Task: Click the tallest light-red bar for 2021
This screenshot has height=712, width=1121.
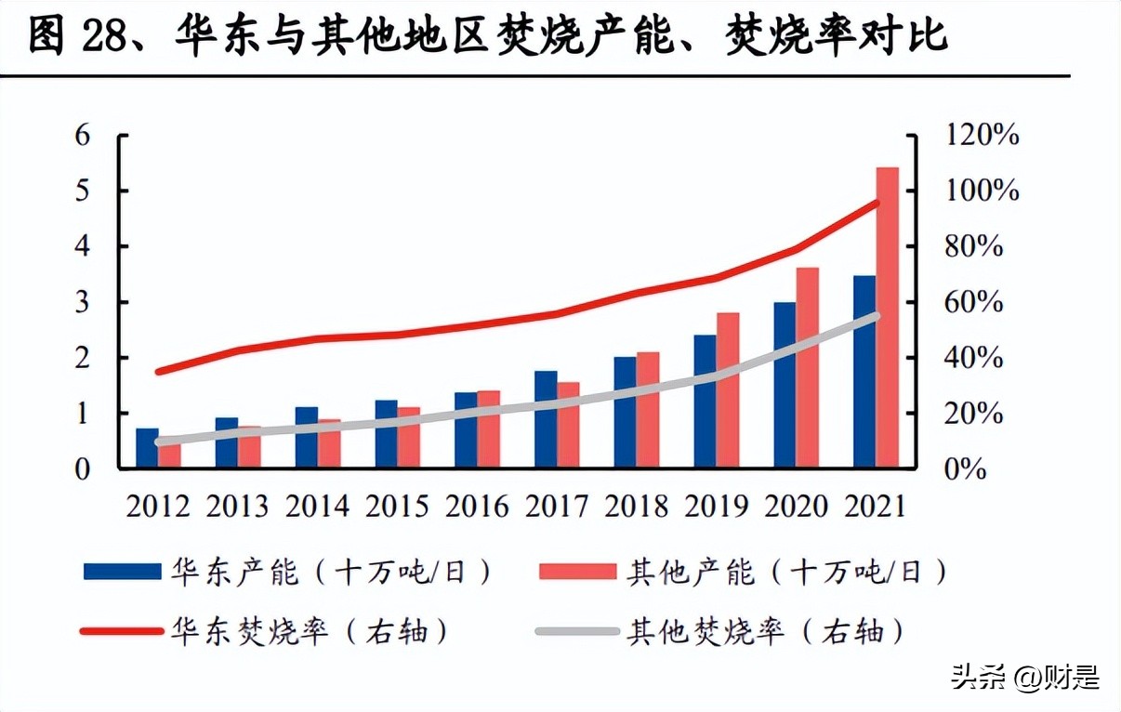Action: (888, 316)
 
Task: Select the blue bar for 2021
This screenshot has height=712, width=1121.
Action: (864, 372)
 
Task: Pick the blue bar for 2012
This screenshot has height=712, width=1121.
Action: (147, 448)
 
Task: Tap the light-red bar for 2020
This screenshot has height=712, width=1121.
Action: (808, 367)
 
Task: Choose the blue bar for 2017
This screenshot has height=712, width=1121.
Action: (546, 418)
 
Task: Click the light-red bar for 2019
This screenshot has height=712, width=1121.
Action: (728, 389)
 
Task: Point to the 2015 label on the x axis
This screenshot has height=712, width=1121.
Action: (397, 507)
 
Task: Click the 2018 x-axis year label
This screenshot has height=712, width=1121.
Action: (637, 507)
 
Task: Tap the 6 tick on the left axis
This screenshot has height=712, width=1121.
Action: (83, 136)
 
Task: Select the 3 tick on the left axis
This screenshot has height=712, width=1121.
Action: (83, 302)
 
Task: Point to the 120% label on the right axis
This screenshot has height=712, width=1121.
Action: (982, 136)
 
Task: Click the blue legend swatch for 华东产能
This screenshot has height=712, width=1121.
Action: (122, 572)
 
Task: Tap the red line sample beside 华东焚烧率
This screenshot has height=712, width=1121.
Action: (122, 632)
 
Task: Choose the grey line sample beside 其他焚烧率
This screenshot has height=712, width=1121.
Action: (577, 632)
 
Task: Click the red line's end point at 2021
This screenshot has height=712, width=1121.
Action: (876, 203)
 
